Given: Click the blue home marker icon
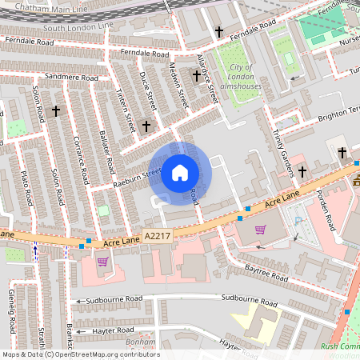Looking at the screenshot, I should pyautogui.click(x=180, y=172).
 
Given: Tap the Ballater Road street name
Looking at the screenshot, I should pyautogui.click(x=106, y=153).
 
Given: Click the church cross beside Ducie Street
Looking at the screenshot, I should pyautogui.click(x=146, y=126).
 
